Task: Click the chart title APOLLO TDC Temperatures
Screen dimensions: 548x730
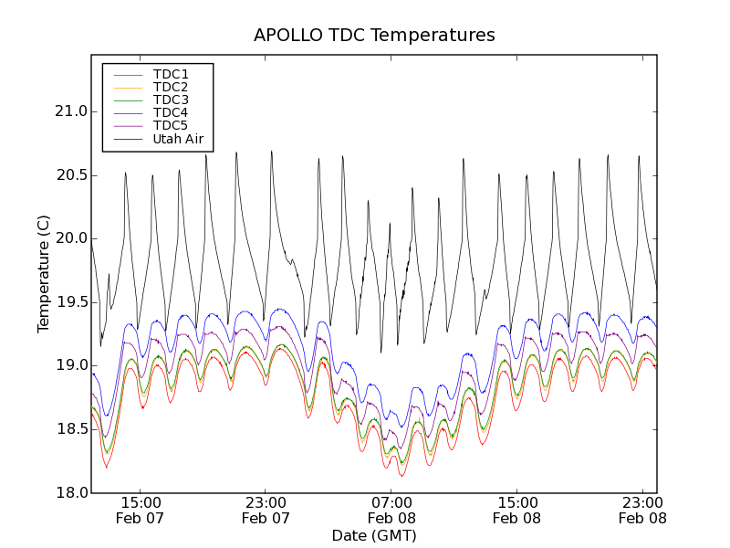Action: [374, 36]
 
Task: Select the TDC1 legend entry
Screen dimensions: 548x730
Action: [171, 74]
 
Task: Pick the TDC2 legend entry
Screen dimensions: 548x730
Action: [171, 87]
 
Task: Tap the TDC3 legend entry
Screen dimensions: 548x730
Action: [171, 100]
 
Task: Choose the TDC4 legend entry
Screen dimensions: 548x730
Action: [171, 112]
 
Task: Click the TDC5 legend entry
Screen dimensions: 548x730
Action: [171, 125]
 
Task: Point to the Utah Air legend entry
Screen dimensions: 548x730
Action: [178, 139]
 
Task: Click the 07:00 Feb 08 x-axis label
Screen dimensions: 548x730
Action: [391, 510]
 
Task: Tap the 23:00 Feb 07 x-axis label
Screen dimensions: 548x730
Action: [266, 510]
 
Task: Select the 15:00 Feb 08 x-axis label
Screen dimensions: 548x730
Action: [516, 510]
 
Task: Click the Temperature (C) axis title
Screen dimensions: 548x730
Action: [44, 274]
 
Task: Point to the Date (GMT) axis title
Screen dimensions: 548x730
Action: [374, 535]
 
